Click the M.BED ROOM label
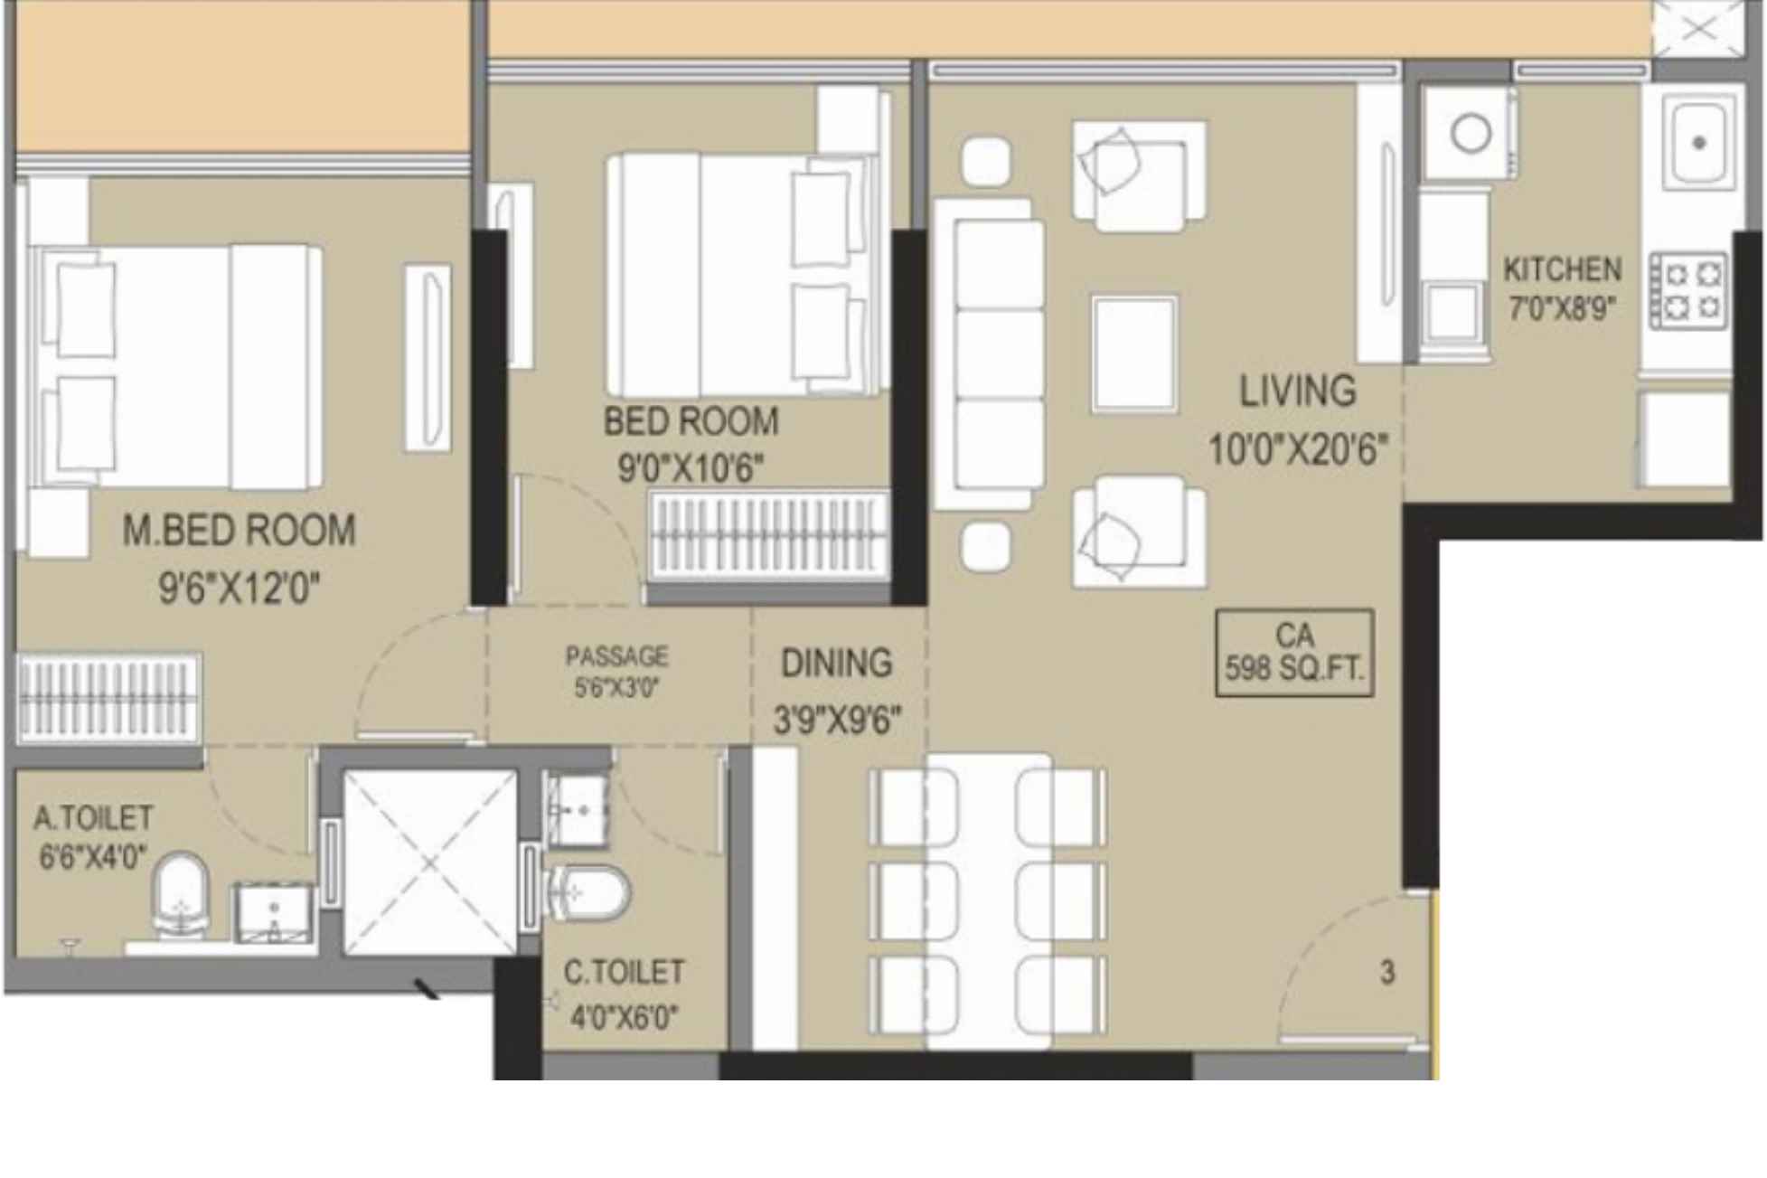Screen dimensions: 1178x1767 click(239, 531)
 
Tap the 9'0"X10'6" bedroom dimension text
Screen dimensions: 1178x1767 click(691, 468)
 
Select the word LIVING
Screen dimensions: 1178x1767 click(1297, 391)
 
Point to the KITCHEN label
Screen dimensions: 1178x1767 click(1562, 269)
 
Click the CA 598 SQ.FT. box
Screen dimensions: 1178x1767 click(1294, 653)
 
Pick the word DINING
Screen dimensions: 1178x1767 click(836, 664)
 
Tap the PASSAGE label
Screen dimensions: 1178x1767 click(617, 656)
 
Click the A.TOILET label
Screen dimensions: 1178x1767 click(93, 819)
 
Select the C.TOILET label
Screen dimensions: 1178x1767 click(624, 973)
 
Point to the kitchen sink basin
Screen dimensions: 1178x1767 click(1698, 143)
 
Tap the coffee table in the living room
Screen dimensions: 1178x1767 click(1134, 353)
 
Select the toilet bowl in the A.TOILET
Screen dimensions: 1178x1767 click(181, 894)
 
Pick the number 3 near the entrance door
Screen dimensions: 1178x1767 click(1387, 973)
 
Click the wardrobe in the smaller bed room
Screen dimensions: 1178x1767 click(769, 534)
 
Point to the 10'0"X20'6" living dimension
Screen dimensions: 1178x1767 click(1297, 449)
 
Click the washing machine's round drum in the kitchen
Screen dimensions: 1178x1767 click(1471, 134)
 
